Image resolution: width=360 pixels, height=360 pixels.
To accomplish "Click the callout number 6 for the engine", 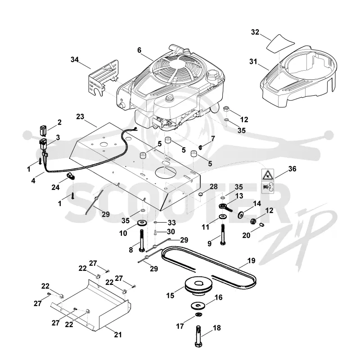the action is (139, 50).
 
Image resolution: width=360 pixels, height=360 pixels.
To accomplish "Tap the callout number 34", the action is (75, 60).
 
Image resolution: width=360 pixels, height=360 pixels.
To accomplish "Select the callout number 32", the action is (255, 32).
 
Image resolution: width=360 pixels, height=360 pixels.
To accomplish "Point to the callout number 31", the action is (253, 62).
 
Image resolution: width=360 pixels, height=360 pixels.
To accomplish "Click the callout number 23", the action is (80, 117).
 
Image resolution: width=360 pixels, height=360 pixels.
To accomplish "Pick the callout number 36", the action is (292, 169).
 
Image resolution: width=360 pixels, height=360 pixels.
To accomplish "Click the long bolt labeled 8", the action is (141, 241).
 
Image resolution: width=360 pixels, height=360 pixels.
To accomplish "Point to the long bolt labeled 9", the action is (222, 234).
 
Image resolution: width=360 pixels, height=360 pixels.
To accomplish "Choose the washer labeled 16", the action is (199, 306).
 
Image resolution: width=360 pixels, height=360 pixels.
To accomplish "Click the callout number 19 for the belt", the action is (252, 261).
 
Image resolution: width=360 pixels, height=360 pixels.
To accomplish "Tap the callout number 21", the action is (118, 335).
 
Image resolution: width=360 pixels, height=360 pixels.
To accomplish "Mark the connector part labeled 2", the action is (43, 130).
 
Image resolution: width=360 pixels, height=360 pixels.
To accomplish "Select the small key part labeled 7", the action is (200, 147).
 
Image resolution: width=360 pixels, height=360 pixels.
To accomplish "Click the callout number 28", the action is (213, 187).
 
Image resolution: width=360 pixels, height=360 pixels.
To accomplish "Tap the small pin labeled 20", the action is (262, 224).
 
